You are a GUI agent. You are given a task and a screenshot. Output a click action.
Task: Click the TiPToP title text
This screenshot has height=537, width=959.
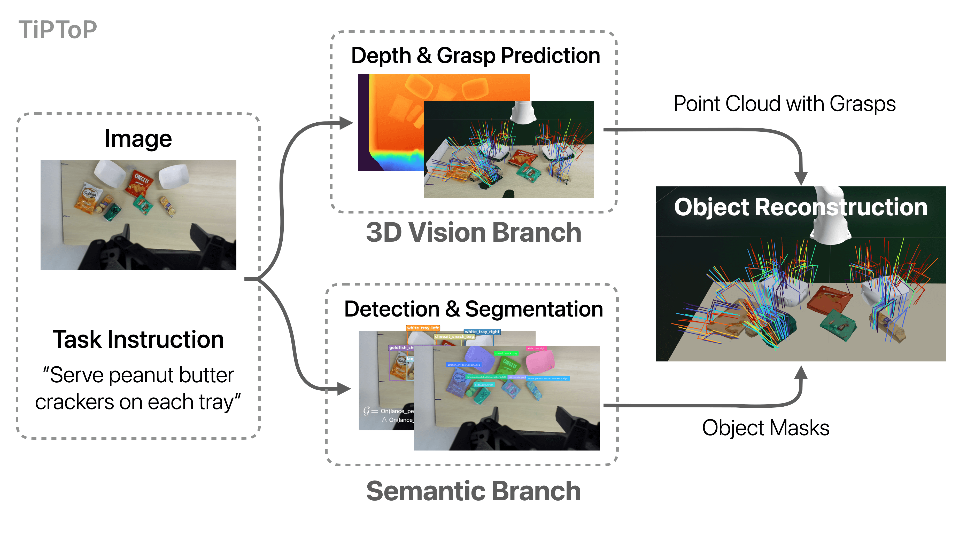pos(58,30)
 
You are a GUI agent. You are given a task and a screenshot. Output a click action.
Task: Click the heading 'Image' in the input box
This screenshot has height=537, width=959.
pos(138,139)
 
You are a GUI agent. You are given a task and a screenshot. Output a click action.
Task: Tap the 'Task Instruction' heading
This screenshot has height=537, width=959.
pos(138,339)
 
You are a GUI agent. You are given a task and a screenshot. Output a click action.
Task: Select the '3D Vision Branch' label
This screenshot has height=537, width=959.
pos(473,233)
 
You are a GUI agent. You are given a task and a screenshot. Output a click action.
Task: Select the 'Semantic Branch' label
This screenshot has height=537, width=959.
pos(473,491)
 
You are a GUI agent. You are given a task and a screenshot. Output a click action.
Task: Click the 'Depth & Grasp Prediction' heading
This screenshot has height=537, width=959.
pos(475,56)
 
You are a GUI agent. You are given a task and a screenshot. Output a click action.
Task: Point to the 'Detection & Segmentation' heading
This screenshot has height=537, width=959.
pos(473,309)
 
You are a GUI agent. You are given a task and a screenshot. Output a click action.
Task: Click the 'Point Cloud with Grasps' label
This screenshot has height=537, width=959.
pos(784,104)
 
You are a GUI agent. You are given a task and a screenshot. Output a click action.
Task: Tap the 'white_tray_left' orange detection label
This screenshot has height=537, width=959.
pos(423,328)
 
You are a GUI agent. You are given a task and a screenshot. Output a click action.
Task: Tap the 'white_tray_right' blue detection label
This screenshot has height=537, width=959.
pos(482,331)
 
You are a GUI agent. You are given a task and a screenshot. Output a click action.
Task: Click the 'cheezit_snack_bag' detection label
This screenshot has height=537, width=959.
pos(454,336)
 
